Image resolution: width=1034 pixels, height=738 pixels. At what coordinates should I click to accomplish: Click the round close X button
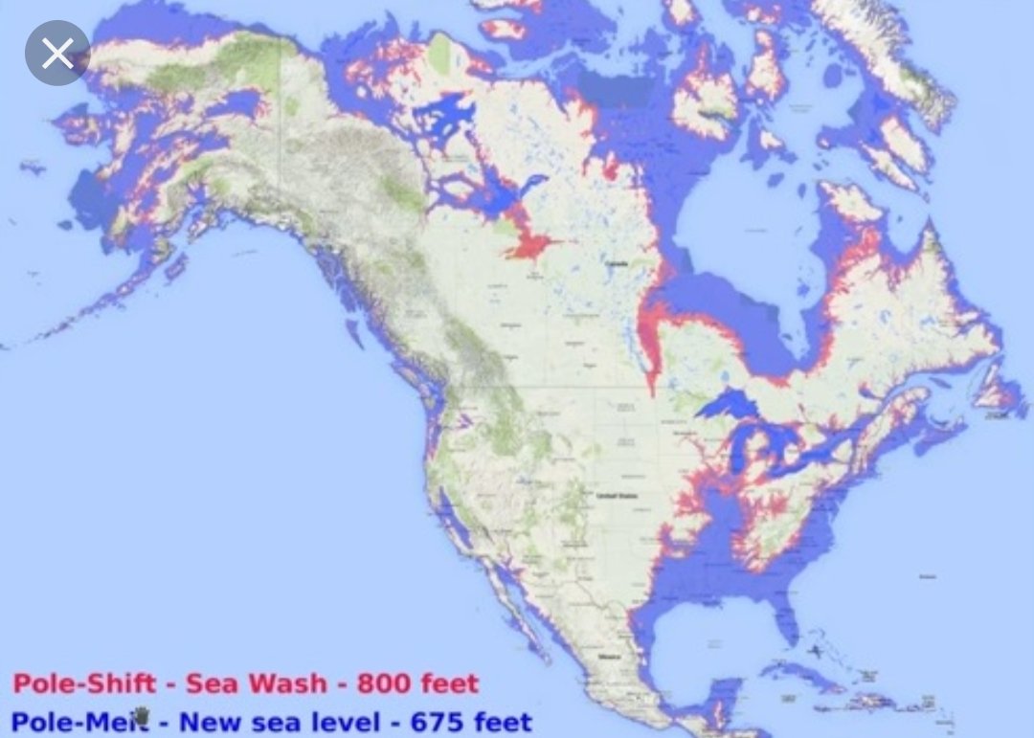tap(57, 54)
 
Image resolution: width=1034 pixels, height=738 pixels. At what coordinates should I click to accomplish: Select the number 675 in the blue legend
tap(440, 720)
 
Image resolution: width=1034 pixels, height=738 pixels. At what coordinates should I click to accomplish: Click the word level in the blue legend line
tap(352, 720)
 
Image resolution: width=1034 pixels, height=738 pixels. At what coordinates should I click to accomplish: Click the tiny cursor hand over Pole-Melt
tap(144, 716)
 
